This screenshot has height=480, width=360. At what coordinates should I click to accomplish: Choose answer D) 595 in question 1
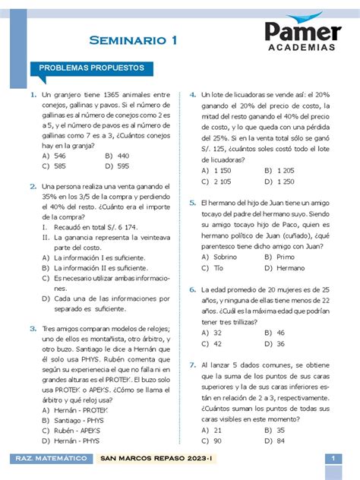[118, 166]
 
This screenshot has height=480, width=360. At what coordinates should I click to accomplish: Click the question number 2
[33, 185]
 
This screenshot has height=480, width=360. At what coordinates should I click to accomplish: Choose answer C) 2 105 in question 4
[216, 182]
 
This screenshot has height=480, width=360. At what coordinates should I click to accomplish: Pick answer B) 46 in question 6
[274, 332]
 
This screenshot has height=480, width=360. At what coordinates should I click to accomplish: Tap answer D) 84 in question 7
[274, 440]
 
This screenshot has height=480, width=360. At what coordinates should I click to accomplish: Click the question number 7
[193, 365]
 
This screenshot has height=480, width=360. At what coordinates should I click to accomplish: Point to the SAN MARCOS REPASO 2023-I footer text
[153, 459]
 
